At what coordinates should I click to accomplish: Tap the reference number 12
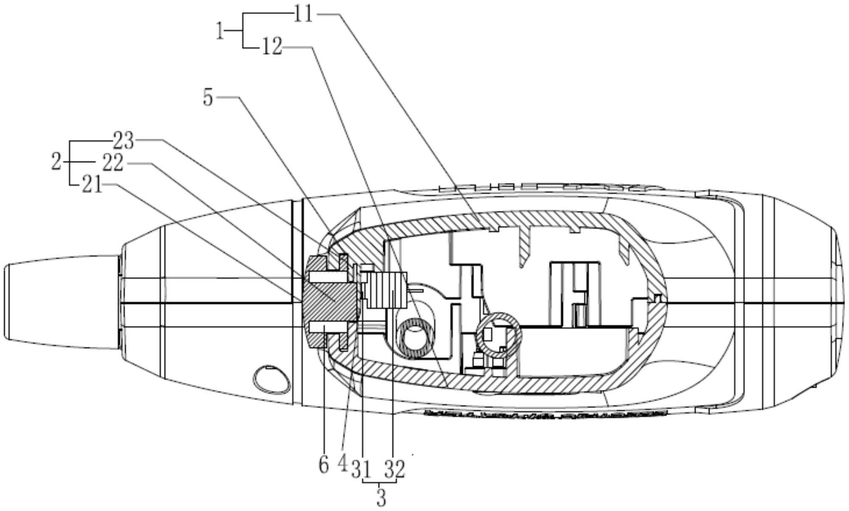272,47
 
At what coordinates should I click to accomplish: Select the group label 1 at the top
220,31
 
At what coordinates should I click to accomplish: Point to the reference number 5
208,98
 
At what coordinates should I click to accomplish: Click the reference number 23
123,140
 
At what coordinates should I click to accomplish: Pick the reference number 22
113,163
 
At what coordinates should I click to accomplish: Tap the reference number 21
92,185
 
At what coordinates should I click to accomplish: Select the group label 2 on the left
56,162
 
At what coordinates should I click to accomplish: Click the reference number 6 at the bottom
323,465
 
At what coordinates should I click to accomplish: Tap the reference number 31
361,470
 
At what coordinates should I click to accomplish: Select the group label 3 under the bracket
381,498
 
